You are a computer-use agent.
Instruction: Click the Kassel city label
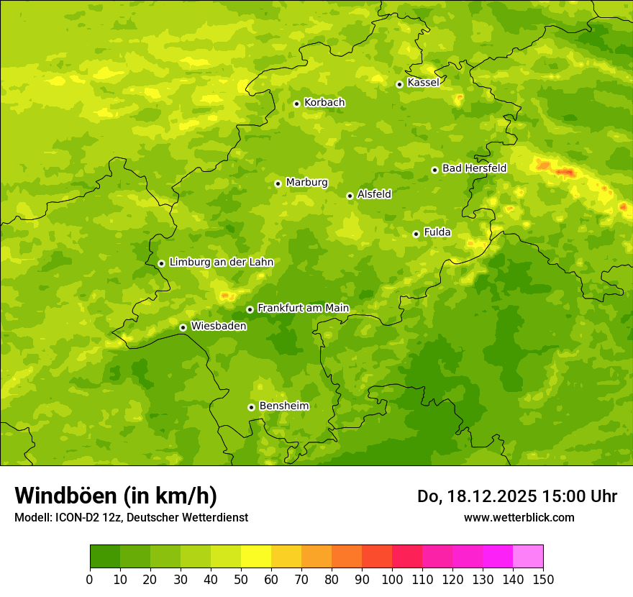423,83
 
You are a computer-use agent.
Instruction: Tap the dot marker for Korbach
296,104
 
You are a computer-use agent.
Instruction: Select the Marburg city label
306,183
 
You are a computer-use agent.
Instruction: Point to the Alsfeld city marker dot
350,196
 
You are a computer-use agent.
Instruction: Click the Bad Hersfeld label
474,168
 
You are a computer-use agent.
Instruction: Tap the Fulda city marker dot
416,234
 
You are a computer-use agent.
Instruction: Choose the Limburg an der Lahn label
221,263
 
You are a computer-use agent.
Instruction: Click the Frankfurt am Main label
303,308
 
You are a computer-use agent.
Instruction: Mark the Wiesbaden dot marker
183,327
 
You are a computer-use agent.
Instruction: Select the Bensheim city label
283,406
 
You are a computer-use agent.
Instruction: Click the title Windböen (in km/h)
116,496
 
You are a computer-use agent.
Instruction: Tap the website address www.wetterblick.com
519,517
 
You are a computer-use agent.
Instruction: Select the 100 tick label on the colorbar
392,579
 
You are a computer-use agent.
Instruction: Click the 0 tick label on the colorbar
90,579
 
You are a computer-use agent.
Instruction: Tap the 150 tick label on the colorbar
543,579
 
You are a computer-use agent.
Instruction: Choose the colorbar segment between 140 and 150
528,557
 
